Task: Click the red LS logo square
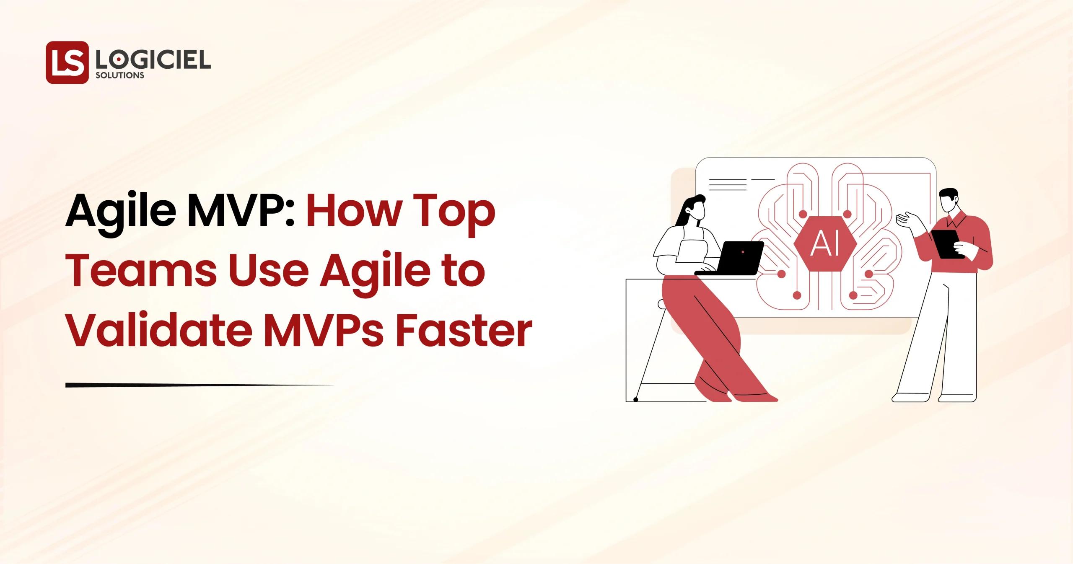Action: tap(67, 62)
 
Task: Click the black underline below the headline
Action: tap(200, 385)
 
